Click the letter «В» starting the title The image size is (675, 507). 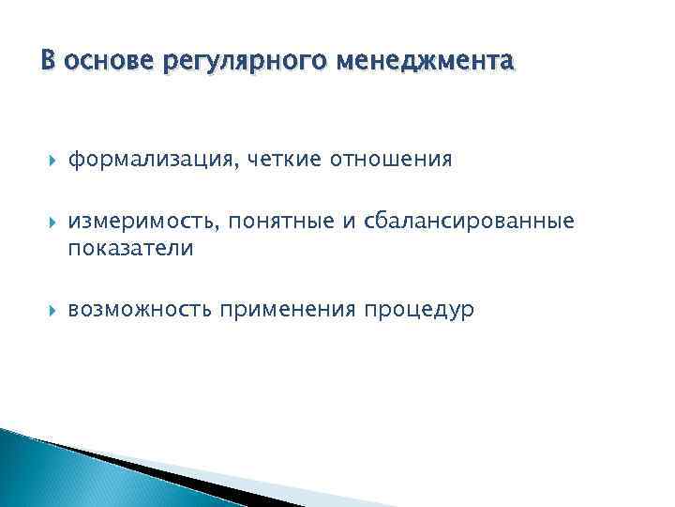tap(50, 62)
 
